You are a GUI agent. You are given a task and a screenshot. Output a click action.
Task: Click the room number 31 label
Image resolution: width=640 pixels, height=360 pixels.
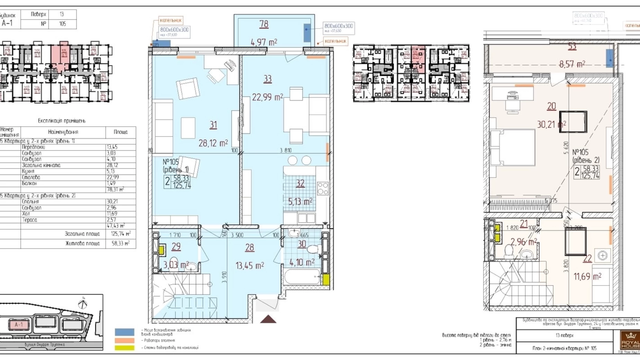213,125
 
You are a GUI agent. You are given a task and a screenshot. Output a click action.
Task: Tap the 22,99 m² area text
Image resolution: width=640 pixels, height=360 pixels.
267,97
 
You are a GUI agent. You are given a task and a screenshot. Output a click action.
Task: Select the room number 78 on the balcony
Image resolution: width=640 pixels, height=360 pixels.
264,24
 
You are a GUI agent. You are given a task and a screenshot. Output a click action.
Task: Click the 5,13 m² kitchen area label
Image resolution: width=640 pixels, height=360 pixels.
300,201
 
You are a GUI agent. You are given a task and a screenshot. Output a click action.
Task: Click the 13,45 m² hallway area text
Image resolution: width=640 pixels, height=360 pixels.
249,265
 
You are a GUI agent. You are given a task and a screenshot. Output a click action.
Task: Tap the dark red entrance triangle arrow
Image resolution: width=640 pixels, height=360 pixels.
268,319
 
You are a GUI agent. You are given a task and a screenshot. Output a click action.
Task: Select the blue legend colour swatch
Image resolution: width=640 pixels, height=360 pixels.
125,332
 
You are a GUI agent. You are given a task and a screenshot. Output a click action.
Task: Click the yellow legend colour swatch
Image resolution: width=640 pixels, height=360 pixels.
125,348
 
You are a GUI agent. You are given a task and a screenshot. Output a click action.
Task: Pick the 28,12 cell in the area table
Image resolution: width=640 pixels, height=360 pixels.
112,165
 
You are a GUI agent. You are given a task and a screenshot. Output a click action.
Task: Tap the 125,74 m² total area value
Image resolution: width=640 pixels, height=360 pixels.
120,234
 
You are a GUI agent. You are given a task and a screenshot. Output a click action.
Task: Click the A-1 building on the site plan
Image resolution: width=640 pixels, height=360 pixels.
19,325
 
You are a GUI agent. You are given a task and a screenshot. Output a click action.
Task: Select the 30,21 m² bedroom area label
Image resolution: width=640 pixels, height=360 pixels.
551,124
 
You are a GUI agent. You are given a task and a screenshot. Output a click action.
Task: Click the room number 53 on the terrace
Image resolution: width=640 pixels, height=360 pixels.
572,46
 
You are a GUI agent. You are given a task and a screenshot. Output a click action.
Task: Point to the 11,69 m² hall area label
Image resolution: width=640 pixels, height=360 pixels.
587,277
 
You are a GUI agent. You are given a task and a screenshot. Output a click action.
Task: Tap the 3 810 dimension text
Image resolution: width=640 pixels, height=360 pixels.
285,150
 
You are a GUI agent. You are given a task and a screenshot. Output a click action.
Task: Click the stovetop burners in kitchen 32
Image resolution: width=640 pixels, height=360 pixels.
322,189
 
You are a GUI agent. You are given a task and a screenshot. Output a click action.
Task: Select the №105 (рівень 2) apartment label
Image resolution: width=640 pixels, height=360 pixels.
585,156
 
